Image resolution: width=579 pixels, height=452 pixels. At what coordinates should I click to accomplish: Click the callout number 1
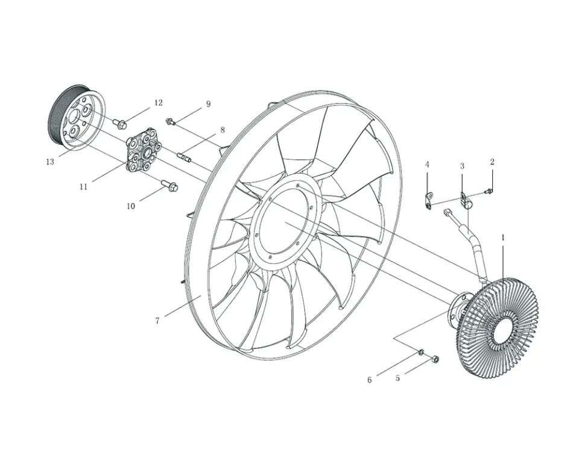[x=502, y=237]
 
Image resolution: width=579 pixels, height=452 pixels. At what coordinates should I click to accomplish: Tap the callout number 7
[x=157, y=321]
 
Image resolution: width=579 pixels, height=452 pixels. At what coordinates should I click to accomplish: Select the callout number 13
[x=50, y=162]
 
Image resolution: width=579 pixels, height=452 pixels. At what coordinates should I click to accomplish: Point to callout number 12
[x=158, y=103]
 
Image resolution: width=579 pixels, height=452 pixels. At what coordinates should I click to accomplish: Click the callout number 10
[x=131, y=206]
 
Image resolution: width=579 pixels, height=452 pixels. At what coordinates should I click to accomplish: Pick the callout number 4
[x=427, y=165]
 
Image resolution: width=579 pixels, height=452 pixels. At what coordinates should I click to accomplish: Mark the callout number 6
[x=370, y=380]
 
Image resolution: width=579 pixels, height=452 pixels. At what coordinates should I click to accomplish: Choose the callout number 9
[x=208, y=104]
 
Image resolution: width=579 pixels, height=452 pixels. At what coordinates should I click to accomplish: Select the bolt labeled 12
[x=120, y=124]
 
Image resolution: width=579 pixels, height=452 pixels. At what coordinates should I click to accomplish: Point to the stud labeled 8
[x=185, y=158]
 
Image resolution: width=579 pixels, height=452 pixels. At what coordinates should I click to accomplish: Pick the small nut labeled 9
[x=171, y=122]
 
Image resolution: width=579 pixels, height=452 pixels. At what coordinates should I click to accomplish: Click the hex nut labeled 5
[x=435, y=360]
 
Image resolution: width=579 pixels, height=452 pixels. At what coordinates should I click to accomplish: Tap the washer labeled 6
[x=421, y=351]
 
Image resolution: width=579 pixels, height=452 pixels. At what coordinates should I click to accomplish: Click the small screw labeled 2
[x=489, y=192]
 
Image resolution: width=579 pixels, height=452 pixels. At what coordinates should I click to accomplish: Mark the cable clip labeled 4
[x=428, y=199]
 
